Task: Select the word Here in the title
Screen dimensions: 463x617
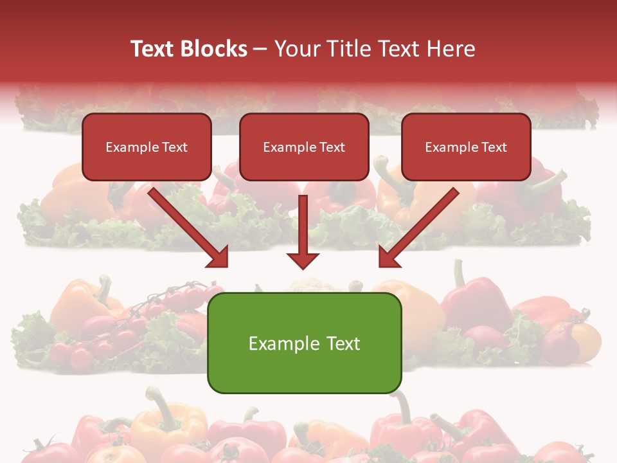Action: pos(451,49)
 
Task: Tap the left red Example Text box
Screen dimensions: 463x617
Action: pos(147,147)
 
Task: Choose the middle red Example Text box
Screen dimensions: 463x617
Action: pos(304,147)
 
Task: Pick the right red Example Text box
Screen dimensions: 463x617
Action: pos(466,147)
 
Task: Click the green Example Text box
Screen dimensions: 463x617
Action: pos(304,343)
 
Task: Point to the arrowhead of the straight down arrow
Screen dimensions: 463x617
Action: pos(303,260)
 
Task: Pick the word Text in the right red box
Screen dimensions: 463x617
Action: pos(494,147)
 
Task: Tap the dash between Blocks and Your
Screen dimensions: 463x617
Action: pos(260,50)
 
